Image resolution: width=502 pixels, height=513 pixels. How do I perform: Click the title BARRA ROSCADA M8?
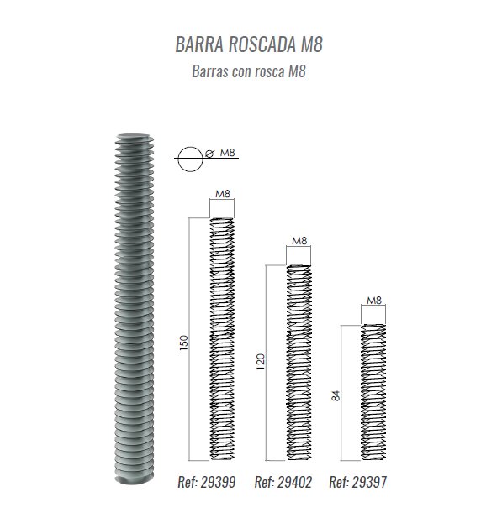(249, 44)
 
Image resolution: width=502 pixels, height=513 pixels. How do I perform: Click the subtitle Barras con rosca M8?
(249, 71)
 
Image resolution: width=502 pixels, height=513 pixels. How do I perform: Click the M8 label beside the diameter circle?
(227, 153)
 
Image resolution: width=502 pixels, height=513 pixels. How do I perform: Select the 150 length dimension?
(184, 343)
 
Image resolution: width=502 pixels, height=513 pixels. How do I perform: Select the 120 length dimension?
(260, 362)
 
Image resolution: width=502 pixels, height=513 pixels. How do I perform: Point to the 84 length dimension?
(336, 395)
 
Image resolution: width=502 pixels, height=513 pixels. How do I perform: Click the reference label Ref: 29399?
(207, 482)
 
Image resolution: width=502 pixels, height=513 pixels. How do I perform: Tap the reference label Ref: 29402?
(283, 482)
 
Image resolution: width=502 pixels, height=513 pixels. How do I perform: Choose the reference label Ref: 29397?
(358, 482)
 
